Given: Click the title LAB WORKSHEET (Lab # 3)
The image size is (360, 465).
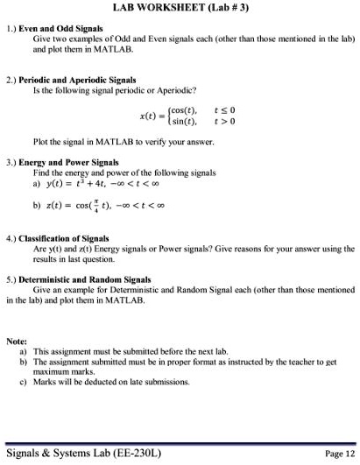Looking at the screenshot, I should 180,8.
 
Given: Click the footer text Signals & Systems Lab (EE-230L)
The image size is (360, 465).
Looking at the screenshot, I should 82,453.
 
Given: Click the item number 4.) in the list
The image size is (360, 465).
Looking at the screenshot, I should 11,238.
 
